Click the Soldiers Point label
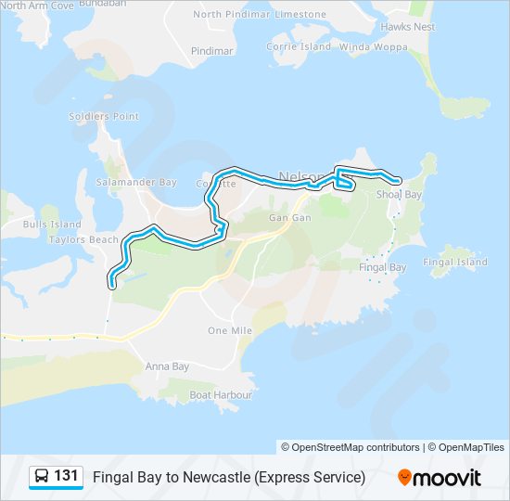point(104,117)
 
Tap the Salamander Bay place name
point(136,183)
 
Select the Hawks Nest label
point(407,27)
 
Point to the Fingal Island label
point(454,263)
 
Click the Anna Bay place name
point(167,366)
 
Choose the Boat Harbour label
point(221,394)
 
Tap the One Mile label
point(230,330)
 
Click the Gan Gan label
point(289,217)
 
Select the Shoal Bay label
point(399,195)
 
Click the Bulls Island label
point(53,225)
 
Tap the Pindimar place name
point(211,51)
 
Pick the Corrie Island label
point(299,46)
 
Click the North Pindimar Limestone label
point(260,15)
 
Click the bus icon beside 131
point(42,477)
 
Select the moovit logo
point(440,477)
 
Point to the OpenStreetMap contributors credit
point(351,446)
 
